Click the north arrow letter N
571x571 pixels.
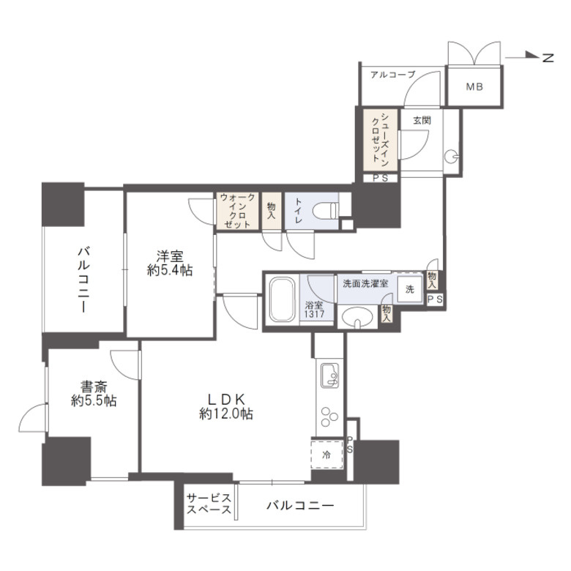pyautogui.click(x=548, y=58)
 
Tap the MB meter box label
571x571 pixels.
pyautogui.click(x=474, y=86)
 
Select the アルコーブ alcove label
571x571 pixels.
pyautogui.click(x=392, y=75)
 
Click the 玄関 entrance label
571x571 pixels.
pyautogui.click(x=422, y=120)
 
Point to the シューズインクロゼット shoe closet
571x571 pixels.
pyautogui.click(x=380, y=141)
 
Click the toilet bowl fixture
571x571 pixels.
pyautogui.click(x=326, y=211)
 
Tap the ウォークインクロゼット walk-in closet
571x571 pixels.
pyautogui.click(x=237, y=212)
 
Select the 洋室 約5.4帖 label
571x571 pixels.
pyautogui.click(x=170, y=264)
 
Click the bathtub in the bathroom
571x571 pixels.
pyautogui.click(x=283, y=300)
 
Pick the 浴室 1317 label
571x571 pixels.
pyautogui.click(x=314, y=309)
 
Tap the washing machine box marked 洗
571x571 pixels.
pyautogui.click(x=410, y=288)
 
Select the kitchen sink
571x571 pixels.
pyautogui.click(x=329, y=375)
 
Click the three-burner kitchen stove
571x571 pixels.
pyautogui.click(x=329, y=416)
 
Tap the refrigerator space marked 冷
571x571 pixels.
pyautogui.click(x=326, y=455)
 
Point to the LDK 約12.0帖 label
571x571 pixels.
pyautogui.click(x=225, y=407)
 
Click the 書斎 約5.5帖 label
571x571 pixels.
pyautogui.click(x=94, y=394)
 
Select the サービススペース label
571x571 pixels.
pyautogui.click(x=209, y=503)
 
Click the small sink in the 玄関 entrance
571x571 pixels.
pyautogui.click(x=451, y=157)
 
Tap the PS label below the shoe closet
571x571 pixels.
pyautogui.click(x=380, y=179)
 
